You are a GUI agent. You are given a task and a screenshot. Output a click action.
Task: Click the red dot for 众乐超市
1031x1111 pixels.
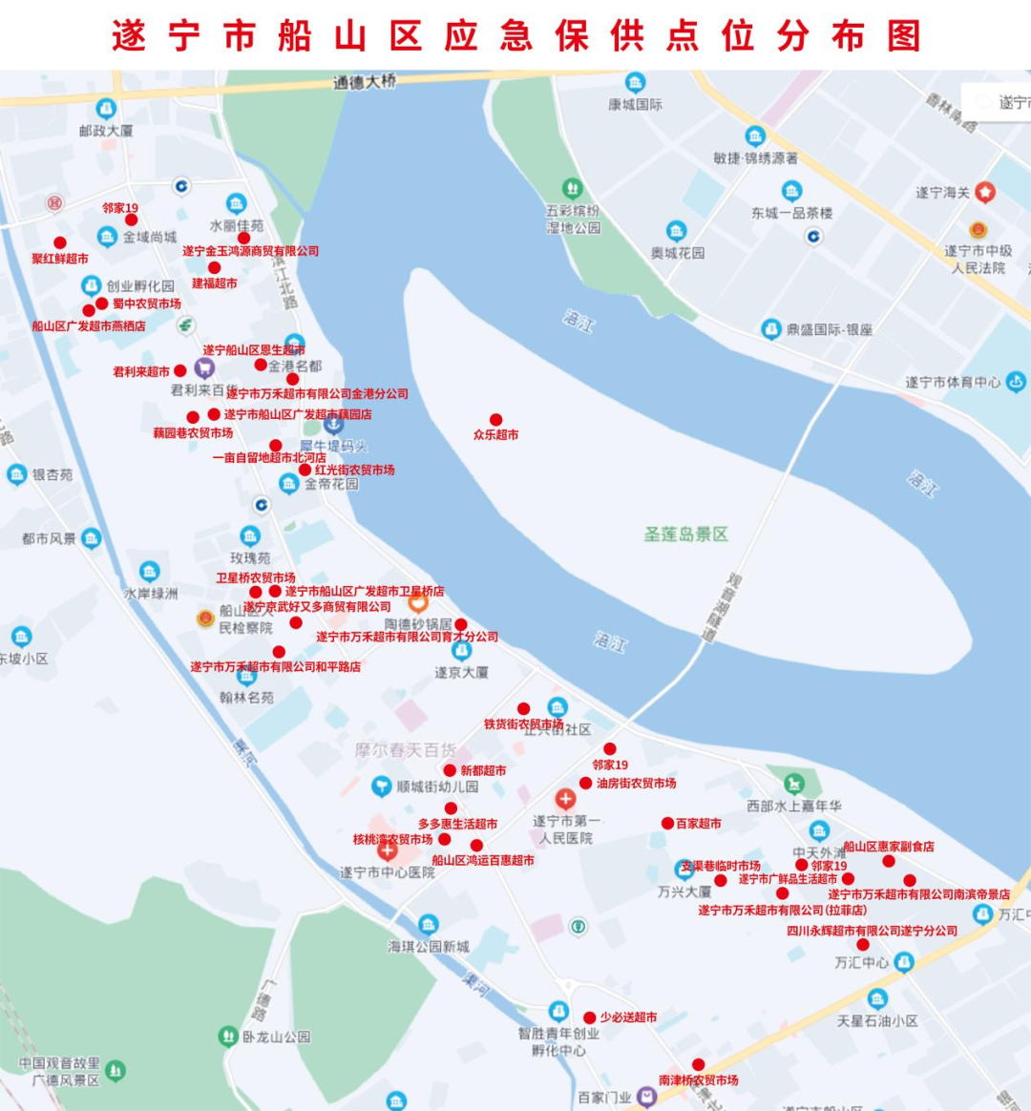[x=495, y=420]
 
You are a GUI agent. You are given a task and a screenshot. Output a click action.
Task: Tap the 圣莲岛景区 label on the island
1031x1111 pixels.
[x=685, y=535]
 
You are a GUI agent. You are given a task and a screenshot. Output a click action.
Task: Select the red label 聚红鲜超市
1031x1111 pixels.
[x=60, y=259]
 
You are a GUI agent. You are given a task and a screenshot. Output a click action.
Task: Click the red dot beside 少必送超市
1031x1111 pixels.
[x=590, y=1017]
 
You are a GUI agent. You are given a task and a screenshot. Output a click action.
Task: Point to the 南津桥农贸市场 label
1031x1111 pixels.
[x=698, y=1080]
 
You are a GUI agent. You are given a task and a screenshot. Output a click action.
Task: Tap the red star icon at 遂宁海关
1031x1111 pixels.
[x=984, y=193]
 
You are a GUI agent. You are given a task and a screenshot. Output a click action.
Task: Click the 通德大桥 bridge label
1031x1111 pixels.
[x=364, y=82]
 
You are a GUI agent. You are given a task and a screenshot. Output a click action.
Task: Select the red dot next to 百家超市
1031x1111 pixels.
[x=667, y=823]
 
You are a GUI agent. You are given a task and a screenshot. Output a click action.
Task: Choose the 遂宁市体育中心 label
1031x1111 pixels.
[x=953, y=383]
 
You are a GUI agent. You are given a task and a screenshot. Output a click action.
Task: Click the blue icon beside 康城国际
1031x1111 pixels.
[x=635, y=83]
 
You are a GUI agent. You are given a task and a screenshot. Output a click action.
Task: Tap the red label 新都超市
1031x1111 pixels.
[x=483, y=770]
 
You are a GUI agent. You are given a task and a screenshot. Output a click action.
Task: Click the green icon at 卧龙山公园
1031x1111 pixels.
[x=228, y=1036]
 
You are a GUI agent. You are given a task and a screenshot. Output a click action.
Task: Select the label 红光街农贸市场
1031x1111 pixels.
[x=354, y=470]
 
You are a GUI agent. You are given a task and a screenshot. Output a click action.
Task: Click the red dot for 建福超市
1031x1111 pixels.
[x=214, y=268]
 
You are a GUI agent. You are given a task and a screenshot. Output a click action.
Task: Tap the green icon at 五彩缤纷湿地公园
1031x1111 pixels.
[x=572, y=189]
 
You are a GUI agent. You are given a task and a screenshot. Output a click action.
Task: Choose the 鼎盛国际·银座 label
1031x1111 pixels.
[x=829, y=329]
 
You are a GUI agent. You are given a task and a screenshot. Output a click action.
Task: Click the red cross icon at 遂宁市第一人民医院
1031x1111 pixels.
[x=565, y=798]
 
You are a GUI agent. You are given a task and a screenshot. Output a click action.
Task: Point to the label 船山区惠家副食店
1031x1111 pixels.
[x=888, y=847]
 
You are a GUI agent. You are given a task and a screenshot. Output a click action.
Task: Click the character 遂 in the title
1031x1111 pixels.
[x=129, y=36]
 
